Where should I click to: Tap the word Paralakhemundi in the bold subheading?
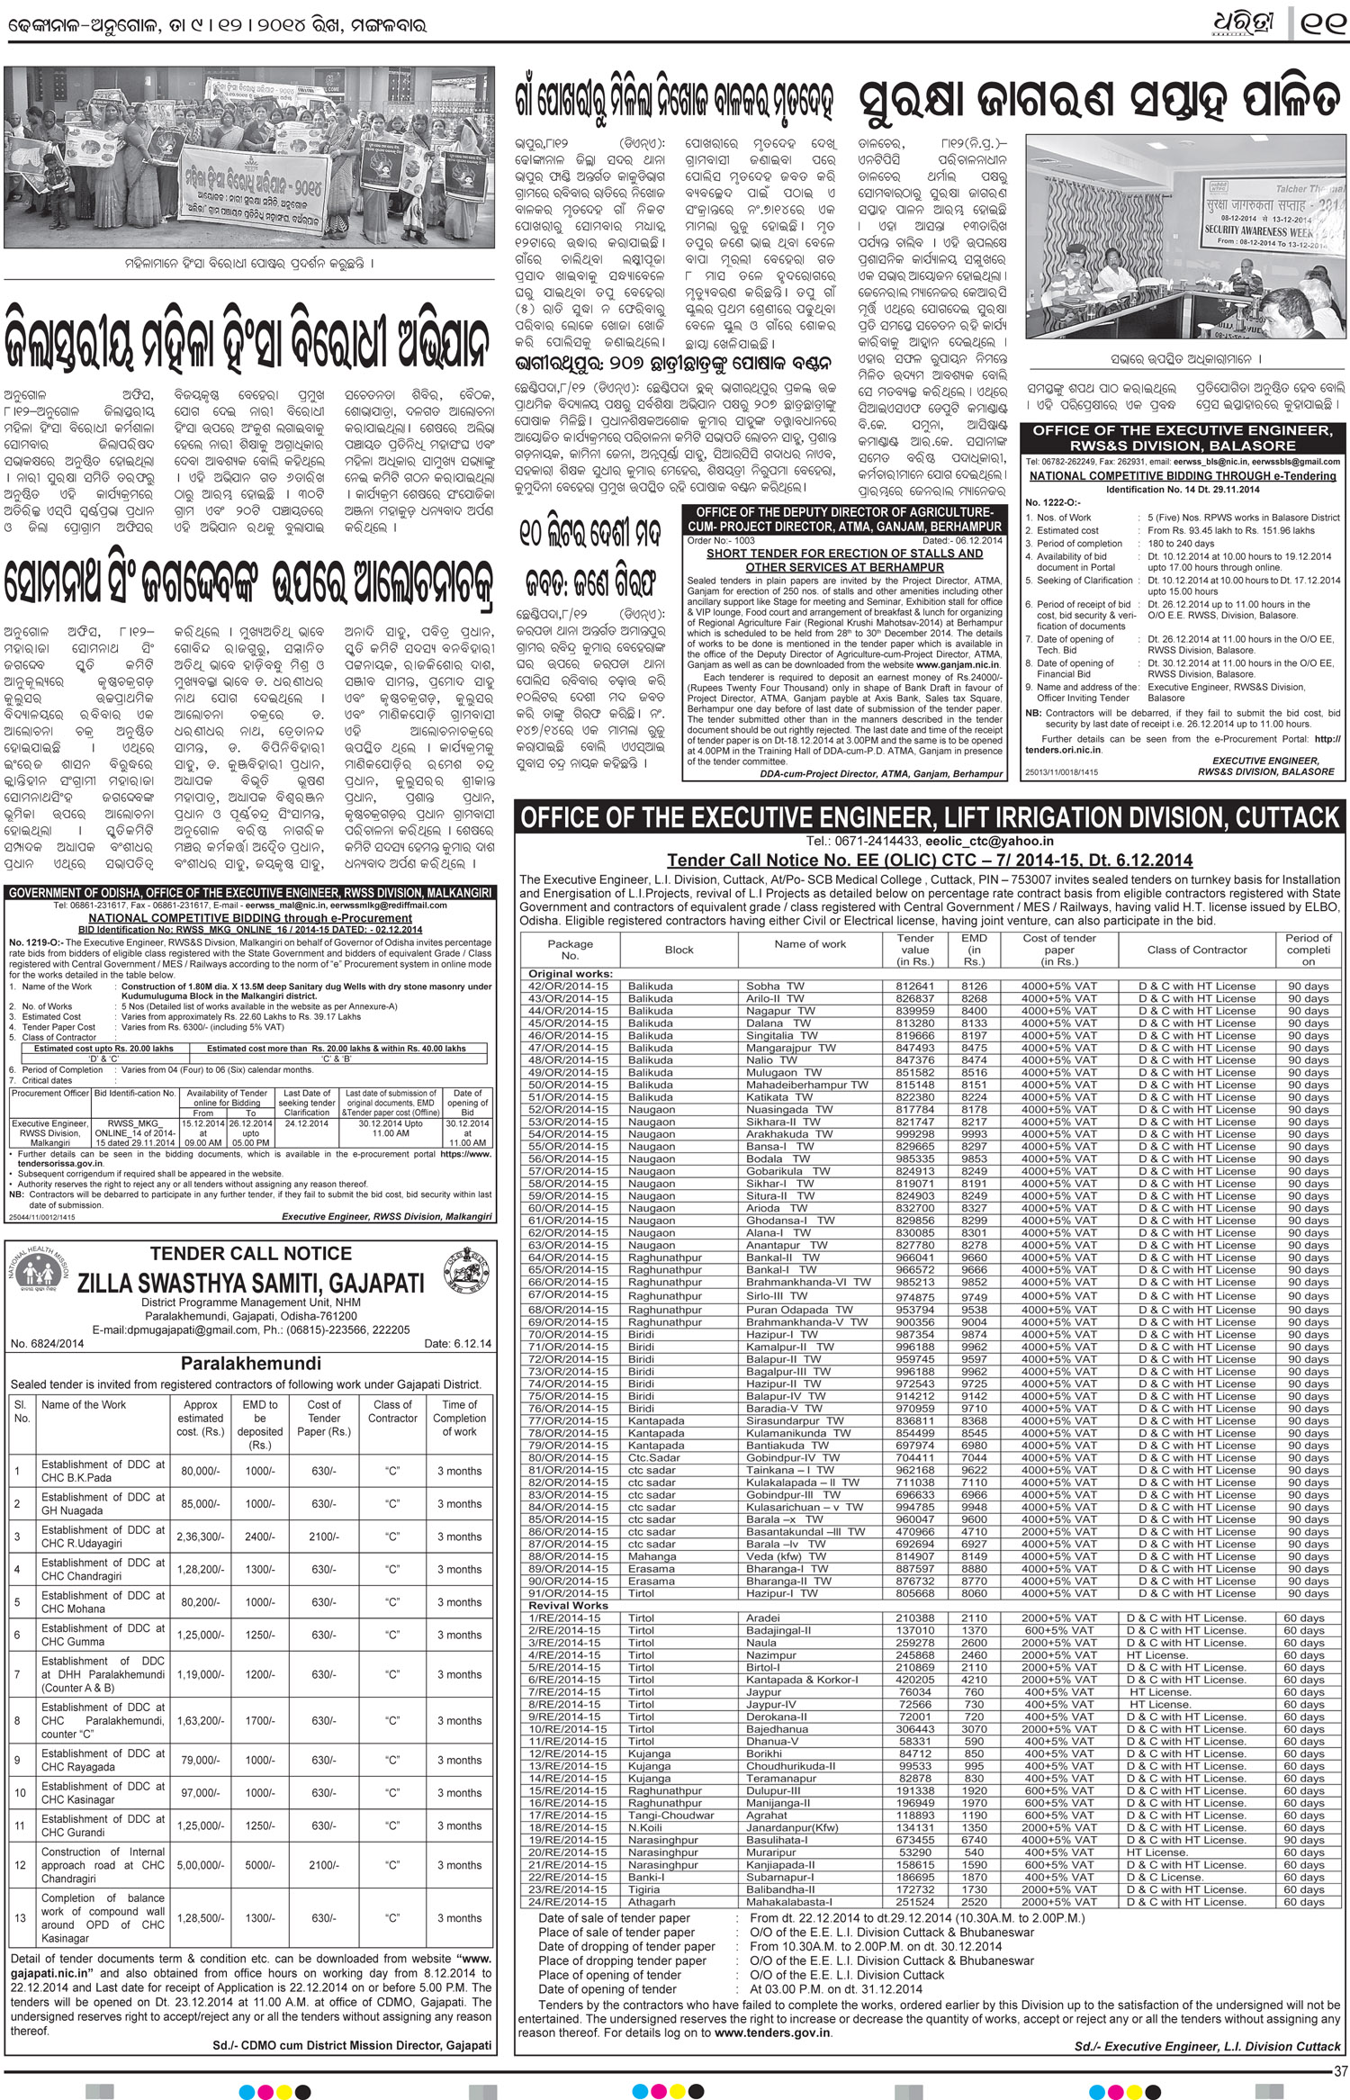251,1363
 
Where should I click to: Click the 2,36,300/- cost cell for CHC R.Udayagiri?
199,1537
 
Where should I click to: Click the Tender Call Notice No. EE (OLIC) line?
930,860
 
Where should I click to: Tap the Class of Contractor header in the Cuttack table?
1197,950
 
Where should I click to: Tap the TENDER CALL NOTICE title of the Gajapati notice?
251,1253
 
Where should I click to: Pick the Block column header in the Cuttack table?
679,950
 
